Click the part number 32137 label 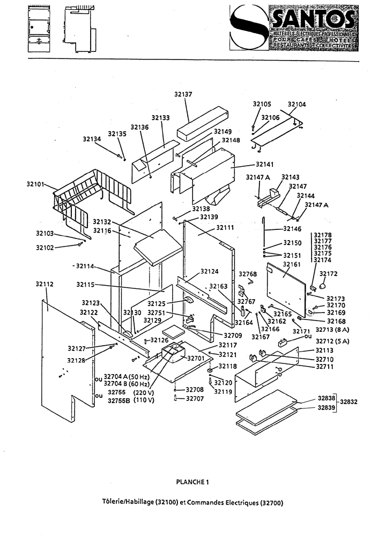pyautogui.click(x=183, y=94)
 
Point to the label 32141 pyautogui.click(x=265, y=164)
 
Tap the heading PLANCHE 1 pyautogui.click(x=192, y=482)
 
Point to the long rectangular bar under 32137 pyautogui.click(x=203, y=121)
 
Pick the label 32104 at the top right pyautogui.click(x=297, y=105)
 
